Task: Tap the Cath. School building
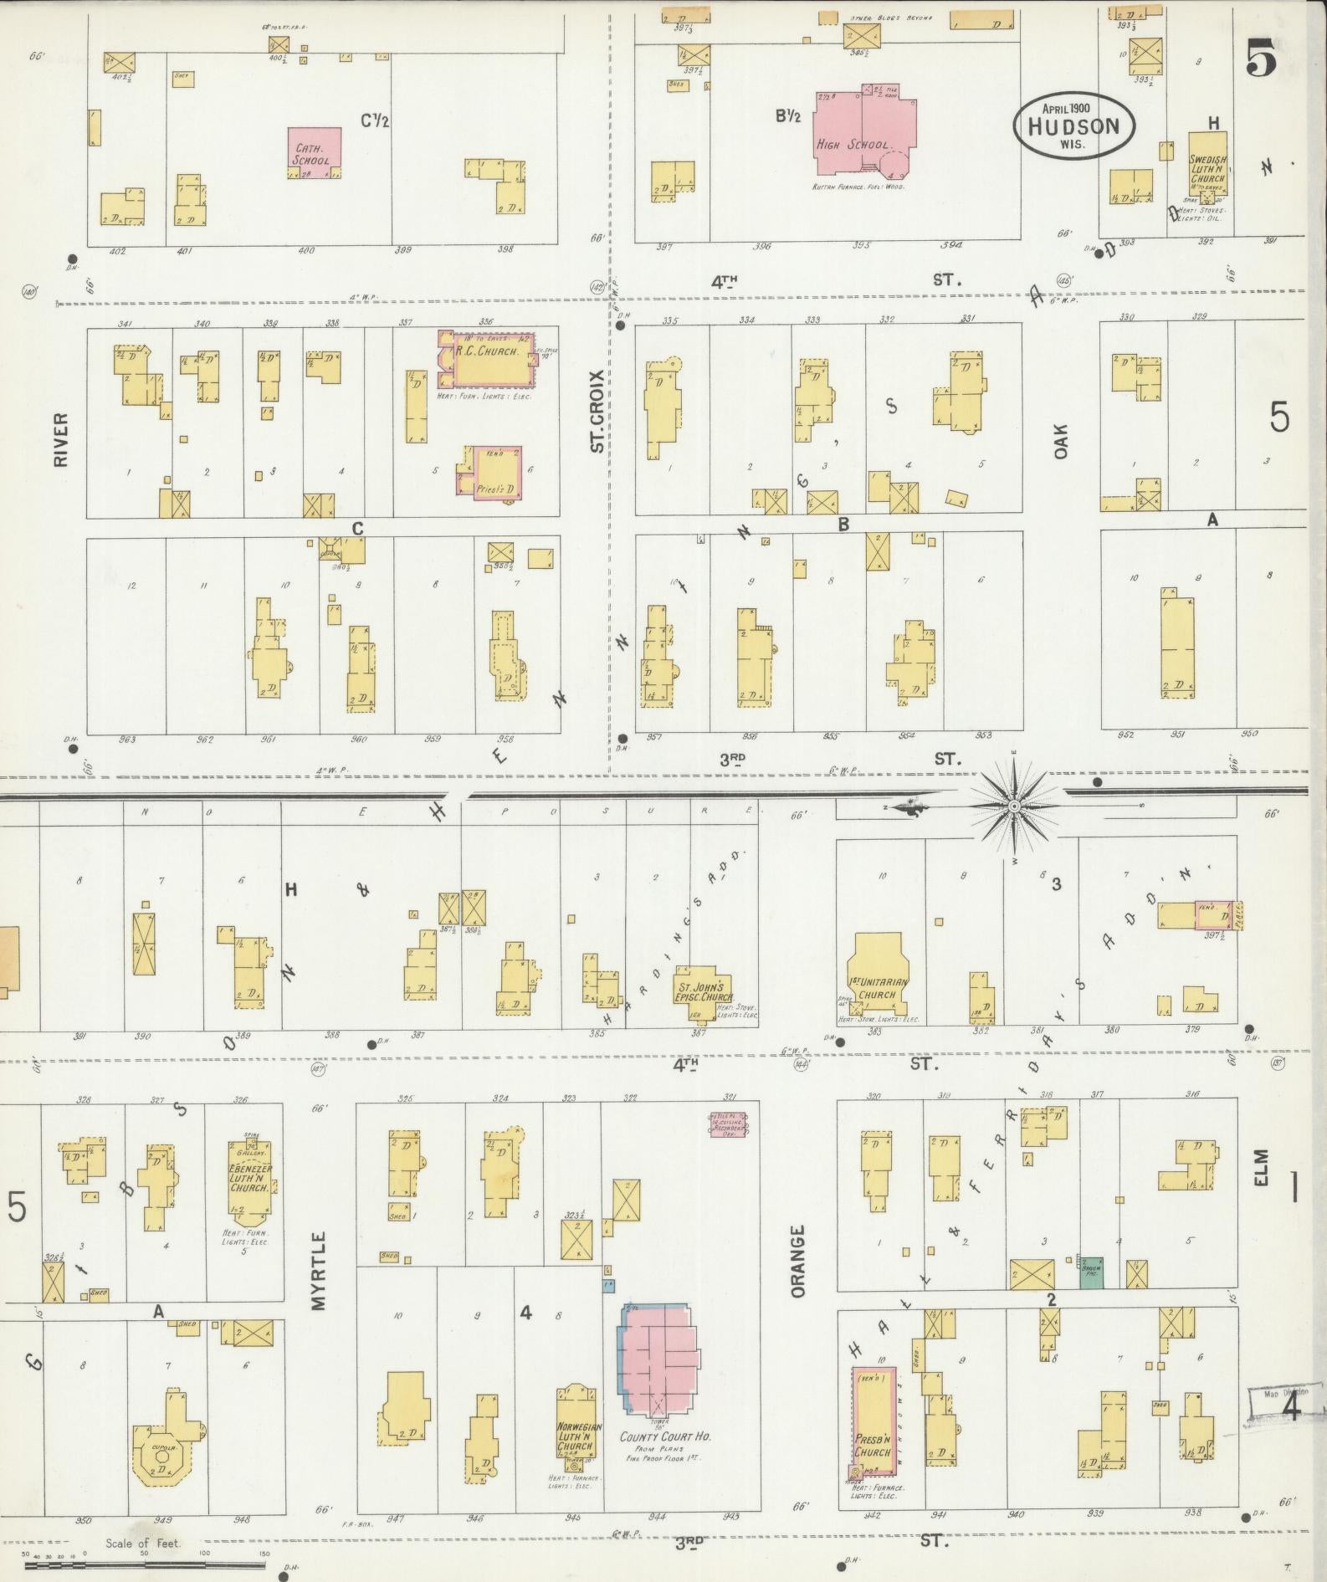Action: click(x=315, y=151)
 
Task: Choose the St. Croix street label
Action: click(x=597, y=411)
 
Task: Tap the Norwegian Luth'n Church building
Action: click(x=576, y=1435)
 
